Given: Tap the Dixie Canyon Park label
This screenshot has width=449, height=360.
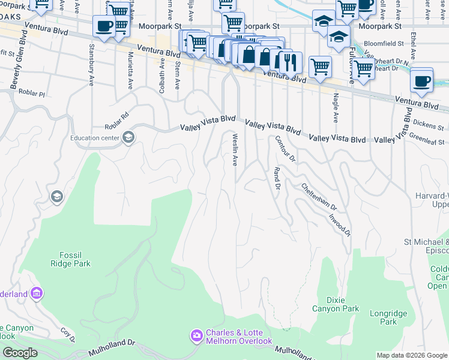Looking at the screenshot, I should [335, 304].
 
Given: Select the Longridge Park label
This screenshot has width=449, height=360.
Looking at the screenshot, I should [388, 317].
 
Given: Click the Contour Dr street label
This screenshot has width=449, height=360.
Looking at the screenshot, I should [286, 149].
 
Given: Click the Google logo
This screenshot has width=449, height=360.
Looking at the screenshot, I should [20, 353].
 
